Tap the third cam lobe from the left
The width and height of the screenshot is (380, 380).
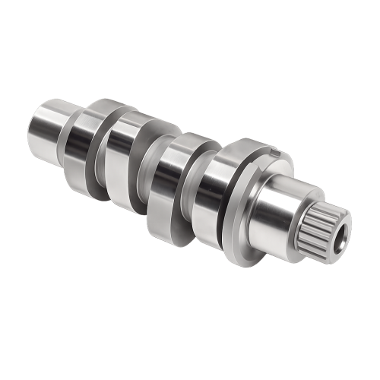163,182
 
